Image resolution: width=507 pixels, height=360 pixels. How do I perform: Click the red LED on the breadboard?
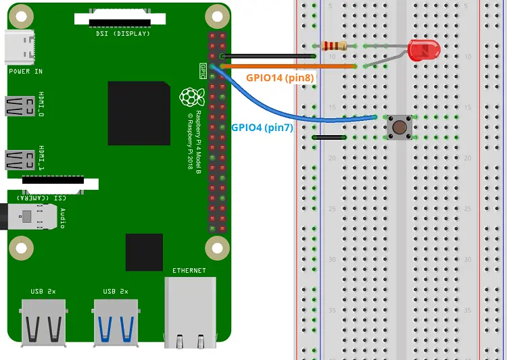[423, 49]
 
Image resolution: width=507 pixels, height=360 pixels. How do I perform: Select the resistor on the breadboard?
[335, 46]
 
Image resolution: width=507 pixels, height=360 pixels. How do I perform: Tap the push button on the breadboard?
[398, 127]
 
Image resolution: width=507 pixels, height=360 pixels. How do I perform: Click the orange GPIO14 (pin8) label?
[279, 78]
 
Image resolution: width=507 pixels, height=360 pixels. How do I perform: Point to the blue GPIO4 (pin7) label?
[262, 126]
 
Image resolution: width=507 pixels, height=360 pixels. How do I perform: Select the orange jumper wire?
[284, 66]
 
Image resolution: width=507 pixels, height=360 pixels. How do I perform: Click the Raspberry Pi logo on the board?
[191, 97]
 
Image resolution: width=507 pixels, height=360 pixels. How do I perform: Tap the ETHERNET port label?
[189, 270]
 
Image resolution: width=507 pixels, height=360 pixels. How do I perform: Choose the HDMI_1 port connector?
[19, 159]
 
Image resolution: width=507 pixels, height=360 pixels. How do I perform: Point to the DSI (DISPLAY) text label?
[122, 33]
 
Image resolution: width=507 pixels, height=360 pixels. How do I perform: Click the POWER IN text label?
[25, 71]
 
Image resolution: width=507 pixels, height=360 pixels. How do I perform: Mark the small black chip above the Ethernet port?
[144, 252]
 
